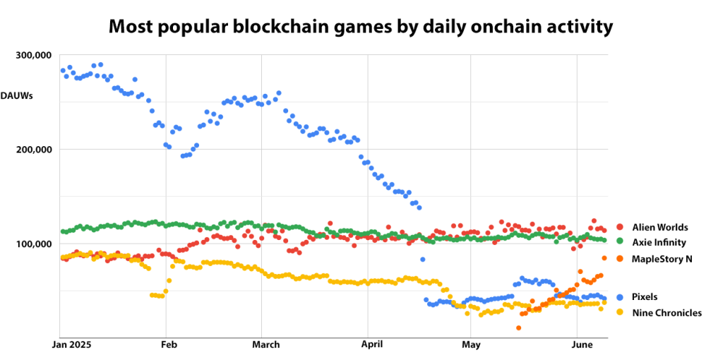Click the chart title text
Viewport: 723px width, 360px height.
(361, 27)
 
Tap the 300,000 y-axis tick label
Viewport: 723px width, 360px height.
(34, 55)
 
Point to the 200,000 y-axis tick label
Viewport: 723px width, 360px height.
(34, 150)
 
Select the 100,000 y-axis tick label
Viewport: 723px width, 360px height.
(34, 244)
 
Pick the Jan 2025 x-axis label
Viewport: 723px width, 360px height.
(75, 345)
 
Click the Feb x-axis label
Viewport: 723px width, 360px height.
(168, 345)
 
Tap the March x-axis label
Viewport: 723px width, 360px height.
(265, 345)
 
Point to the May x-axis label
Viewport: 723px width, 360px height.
(471, 345)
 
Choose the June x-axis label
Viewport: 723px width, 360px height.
(581, 345)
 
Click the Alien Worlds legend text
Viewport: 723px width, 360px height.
(659, 227)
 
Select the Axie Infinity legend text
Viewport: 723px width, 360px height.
(659, 243)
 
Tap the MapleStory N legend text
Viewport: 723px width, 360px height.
(662, 259)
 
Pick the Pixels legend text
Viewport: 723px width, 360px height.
(645, 297)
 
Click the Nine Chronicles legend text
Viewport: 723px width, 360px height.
(667, 313)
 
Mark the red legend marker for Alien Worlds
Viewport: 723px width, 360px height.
(620, 227)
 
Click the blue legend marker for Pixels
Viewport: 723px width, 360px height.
(620, 297)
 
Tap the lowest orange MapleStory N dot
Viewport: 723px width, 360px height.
(519, 328)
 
